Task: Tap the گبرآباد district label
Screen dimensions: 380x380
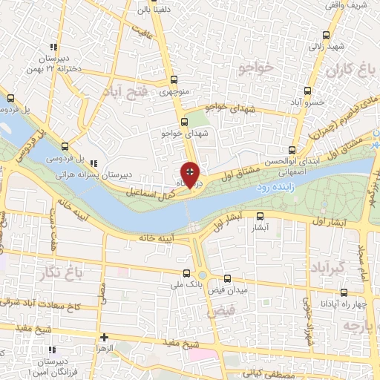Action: [x=327, y=266]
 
